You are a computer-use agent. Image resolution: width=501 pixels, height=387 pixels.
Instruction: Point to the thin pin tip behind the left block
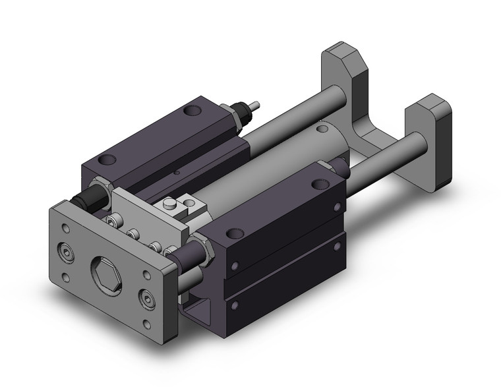point(256,104)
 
